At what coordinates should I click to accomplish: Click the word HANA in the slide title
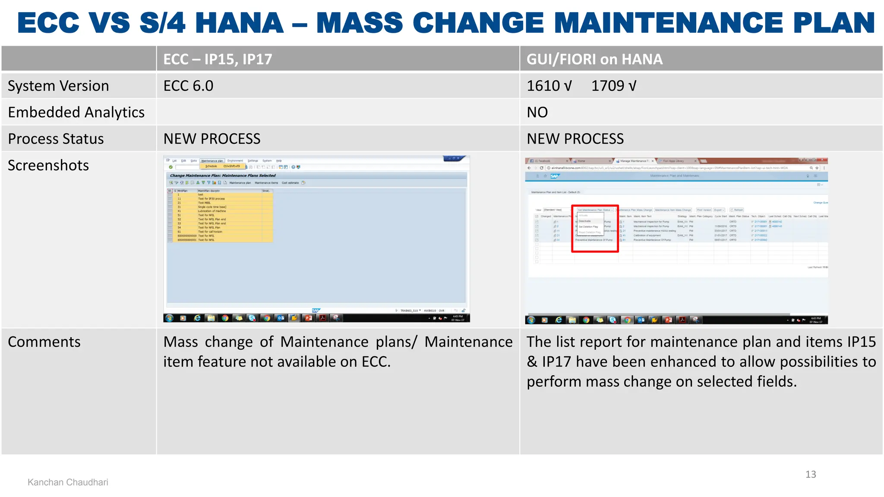pyautogui.click(x=239, y=23)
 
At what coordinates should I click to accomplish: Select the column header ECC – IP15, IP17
pyautogui.click(x=218, y=59)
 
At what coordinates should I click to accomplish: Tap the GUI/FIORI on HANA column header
pyautogui.click(x=594, y=59)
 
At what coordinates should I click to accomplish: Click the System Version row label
pyautogui.click(x=58, y=86)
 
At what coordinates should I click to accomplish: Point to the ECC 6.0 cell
pyautogui.click(x=188, y=86)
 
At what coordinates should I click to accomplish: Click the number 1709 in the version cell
pyautogui.click(x=607, y=86)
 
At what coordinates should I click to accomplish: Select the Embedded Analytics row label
pyautogui.click(x=76, y=112)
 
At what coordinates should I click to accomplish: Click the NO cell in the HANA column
pyautogui.click(x=537, y=112)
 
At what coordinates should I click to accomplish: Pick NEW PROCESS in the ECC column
pyautogui.click(x=212, y=139)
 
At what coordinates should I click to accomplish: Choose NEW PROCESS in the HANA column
pyautogui.click(x=575, y=139)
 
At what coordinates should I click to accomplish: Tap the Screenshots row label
pyautogui.click(x=48, y=165)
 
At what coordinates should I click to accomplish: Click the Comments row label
pyautogui.click(x=44, y=342)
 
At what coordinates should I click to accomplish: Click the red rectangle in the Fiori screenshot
pyautogui.click(x=595, y=228)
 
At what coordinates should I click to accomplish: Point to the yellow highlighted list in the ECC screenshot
pyautogui.click(x=220, y=215)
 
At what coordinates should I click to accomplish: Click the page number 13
pyautogui.click(x=810, y=475)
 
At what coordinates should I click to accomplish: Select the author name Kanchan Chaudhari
pyautogui.click(x=68, y=482)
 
